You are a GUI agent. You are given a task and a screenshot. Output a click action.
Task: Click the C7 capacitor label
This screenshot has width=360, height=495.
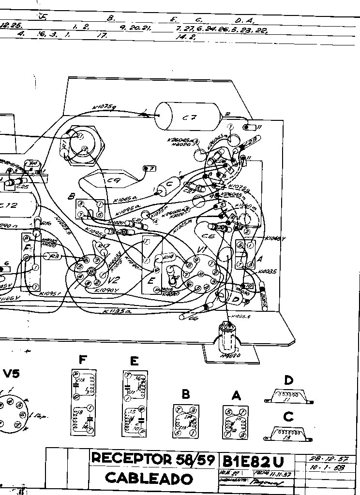point(189,118)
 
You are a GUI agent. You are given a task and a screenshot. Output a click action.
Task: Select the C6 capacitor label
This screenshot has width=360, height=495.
point(208,237)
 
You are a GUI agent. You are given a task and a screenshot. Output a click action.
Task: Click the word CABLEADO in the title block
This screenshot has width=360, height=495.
point(149,479)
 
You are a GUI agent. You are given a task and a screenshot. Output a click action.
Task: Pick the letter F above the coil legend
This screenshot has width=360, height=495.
point(83,360)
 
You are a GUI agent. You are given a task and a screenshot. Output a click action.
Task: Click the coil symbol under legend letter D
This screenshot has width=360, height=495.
point(288,395)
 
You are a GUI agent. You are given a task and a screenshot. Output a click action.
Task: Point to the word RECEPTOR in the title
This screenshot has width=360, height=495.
point(131,458)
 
